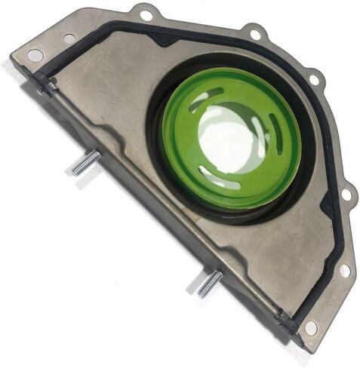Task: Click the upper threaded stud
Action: point(85,163)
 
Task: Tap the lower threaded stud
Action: point(210,283)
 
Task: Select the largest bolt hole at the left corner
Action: point(35,55)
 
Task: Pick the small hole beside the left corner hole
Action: point(69,38)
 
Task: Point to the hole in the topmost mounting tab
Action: point(146,14)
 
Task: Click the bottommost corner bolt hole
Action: point(310,327)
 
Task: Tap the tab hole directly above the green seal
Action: point(255,34)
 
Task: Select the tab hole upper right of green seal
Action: point(314,77)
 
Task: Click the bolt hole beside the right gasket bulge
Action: point(347,195)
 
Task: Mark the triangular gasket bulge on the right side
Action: point(328,204)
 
